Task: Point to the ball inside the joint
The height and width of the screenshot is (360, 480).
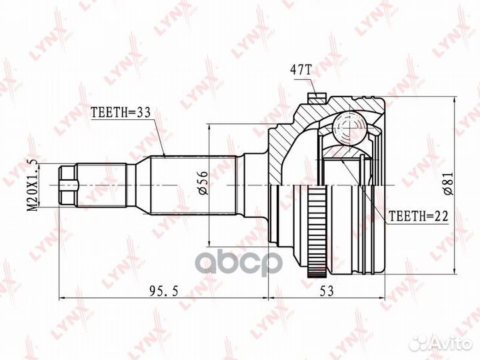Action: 346,127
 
